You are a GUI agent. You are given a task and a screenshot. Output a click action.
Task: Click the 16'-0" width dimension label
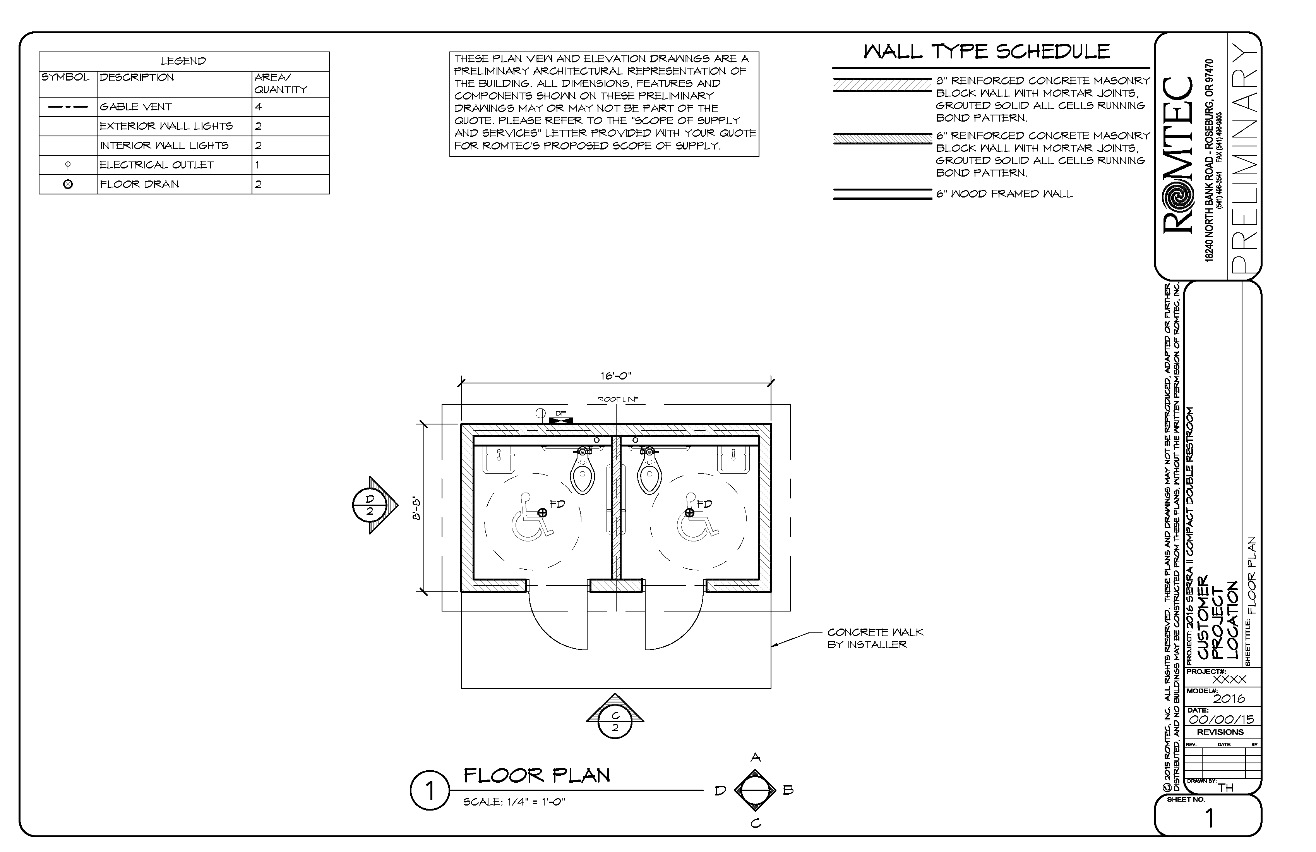615,376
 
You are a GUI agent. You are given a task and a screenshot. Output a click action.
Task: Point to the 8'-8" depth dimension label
418,509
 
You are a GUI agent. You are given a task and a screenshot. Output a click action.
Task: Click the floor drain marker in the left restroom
542,513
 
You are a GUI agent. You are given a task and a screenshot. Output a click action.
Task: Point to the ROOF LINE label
618,399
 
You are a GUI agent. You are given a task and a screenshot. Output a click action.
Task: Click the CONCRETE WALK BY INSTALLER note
875,638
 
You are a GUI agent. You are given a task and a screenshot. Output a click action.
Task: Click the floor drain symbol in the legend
68,184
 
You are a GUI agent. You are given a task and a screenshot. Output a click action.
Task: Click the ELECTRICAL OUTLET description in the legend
156,165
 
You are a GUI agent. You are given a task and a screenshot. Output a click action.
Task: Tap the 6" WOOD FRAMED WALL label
1004,194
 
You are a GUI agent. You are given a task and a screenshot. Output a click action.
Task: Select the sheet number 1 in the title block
1209,819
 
